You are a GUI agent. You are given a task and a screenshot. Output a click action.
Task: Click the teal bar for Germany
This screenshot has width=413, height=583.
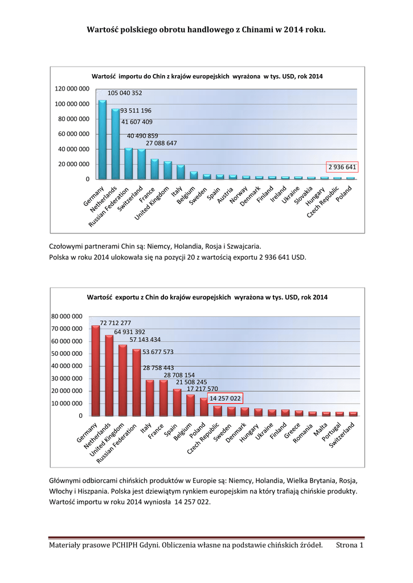click(103, 140)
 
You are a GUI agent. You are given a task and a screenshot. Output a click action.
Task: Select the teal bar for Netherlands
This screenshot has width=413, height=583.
click(116, 144)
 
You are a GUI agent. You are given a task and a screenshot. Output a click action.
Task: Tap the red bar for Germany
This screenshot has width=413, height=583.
click(96, 371)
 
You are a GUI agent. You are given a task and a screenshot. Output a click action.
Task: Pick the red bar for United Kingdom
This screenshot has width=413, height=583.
click(123, 380)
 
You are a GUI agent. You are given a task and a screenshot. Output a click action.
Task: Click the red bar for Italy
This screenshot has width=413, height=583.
click(150, 398)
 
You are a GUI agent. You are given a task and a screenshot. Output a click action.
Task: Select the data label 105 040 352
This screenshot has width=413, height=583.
click(125, 93)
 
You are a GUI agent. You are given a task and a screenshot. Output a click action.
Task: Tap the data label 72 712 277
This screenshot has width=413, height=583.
click(115, 323)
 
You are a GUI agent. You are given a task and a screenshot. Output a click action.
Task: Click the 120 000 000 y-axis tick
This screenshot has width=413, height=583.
click(72, 89)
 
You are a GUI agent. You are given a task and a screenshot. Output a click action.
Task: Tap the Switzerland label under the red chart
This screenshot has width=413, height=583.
click(342, 436)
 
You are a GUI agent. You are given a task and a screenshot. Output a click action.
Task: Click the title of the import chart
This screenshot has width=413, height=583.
click(207, 76)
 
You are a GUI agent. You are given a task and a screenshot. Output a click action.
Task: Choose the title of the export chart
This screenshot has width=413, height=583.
click(207, 297)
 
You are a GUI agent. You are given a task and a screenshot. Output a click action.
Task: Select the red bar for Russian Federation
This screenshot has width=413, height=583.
click(137, 383)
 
